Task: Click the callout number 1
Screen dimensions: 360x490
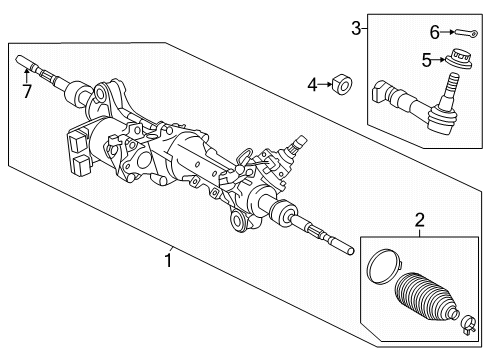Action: (171, 261)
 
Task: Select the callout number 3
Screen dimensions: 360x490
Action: (355, 29)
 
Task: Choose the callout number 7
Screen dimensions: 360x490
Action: (26, 92)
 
